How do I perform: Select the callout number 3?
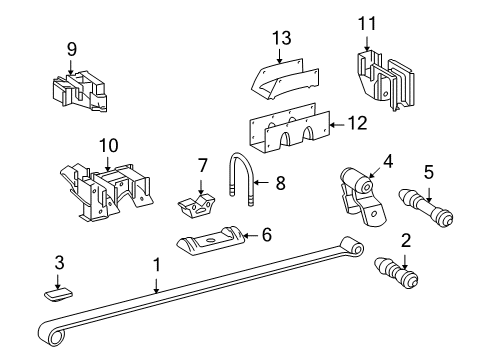pyautogui.click(x=59, y=262)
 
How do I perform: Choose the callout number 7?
pyautogui.click(x=201, y=165)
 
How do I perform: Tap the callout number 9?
pyautogui.click(x=71, y=47)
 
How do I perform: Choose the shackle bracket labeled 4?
pyautogui.click(x=358, y=191)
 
